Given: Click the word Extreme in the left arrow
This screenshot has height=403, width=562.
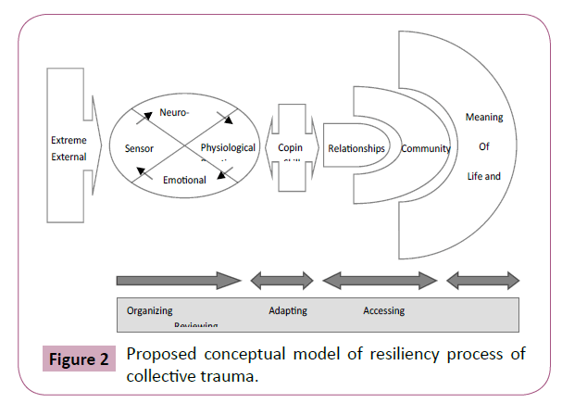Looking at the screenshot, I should [x=69, y=141].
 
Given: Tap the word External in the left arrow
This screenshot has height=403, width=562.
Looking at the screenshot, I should [x=69, y=157].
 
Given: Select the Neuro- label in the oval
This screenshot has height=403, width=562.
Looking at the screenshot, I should [x=174, y=112].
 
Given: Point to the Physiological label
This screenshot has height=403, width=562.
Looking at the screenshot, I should [x=228, y=148].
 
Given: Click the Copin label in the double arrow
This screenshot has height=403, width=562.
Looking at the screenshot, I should [x=291, y=148].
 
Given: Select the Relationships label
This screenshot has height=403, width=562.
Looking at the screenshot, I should [x=356, y=148].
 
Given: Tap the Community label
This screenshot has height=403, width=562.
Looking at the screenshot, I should [x=426, y=148].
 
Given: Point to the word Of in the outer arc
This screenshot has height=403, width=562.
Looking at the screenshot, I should [x=483, y=146].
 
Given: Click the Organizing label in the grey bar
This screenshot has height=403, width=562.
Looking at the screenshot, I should [x=149, y=311].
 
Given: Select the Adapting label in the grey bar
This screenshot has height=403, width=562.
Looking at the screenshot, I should [x=288, y=311].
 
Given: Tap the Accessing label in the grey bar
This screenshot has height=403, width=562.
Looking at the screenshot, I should [x=383, y=311].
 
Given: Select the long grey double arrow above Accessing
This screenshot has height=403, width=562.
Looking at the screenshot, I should [x=380, y=279].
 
